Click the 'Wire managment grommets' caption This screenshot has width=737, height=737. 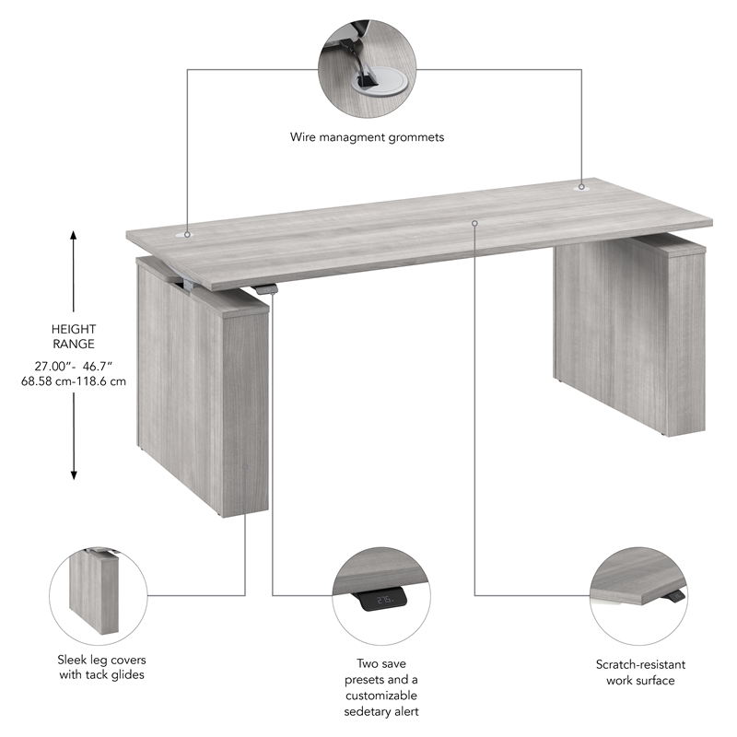pos(367,137)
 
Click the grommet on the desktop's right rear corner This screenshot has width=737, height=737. pos(581,186)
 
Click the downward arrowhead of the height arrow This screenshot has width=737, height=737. pos(75,474)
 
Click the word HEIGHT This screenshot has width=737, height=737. pos(75,329)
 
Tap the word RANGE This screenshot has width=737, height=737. pos(75,344)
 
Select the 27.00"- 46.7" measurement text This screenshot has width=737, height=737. pos(74,365)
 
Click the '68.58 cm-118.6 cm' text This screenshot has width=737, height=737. pos(74,380)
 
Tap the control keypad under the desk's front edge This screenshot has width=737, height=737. pos(266,290)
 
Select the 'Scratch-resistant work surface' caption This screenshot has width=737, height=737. pos(640,672)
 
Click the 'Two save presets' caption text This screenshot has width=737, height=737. pos(381,686)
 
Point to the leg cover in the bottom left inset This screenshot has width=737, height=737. pos(92,594)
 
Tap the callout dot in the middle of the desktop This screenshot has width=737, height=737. pos(474,223)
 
